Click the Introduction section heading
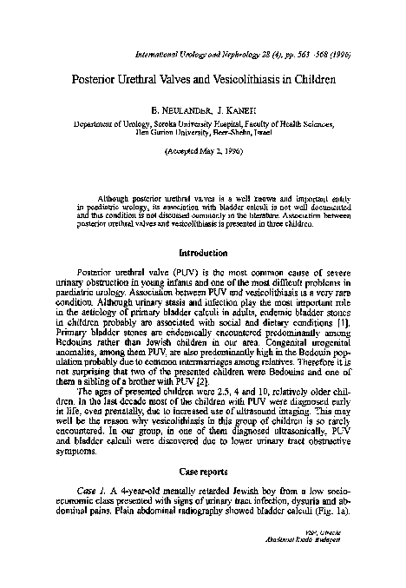click(203, 254)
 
